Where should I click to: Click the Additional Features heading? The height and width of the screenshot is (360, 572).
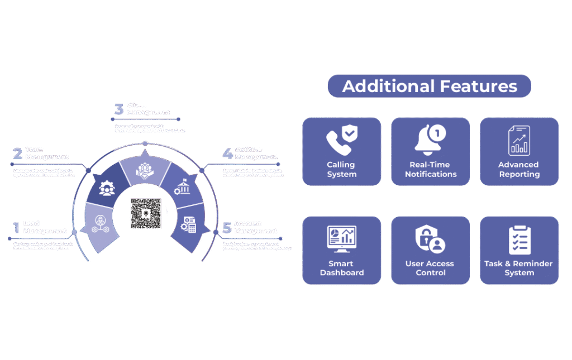tap(429, 86)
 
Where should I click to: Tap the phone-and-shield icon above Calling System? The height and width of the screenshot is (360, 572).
tap(342, 140)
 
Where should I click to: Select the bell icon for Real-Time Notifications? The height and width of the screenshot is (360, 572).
tap(430, 139)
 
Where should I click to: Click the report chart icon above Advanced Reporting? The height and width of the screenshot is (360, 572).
tap(519, 140)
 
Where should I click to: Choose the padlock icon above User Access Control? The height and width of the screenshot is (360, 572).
tap(430, 239)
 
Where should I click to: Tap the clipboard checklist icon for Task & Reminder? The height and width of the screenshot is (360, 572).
tap(519, 239)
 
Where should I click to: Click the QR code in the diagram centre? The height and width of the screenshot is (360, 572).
tap(146, 213)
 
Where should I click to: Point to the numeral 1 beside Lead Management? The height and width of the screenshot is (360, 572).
tap(16, 228)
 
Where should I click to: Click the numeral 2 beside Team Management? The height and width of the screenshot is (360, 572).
tap(17, 153)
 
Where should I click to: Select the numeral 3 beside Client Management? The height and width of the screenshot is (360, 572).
tap(118, 109)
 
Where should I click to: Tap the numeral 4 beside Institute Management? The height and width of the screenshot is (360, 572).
tap(227, 153)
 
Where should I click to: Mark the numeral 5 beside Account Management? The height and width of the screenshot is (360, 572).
tap(227, 228)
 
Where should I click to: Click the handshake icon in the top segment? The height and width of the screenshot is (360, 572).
tap(145, 171)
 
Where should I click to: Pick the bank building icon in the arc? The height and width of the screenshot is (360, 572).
tap(182, 186)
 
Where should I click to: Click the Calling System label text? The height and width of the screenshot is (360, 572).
tap(341, 170)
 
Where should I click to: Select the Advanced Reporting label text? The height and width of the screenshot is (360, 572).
tap(519, 170)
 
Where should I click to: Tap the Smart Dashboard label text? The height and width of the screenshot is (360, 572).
tap(342, 268)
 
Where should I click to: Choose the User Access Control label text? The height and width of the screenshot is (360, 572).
tap(430, 268)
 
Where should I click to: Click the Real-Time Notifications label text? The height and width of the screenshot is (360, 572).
tap(430, 170)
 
